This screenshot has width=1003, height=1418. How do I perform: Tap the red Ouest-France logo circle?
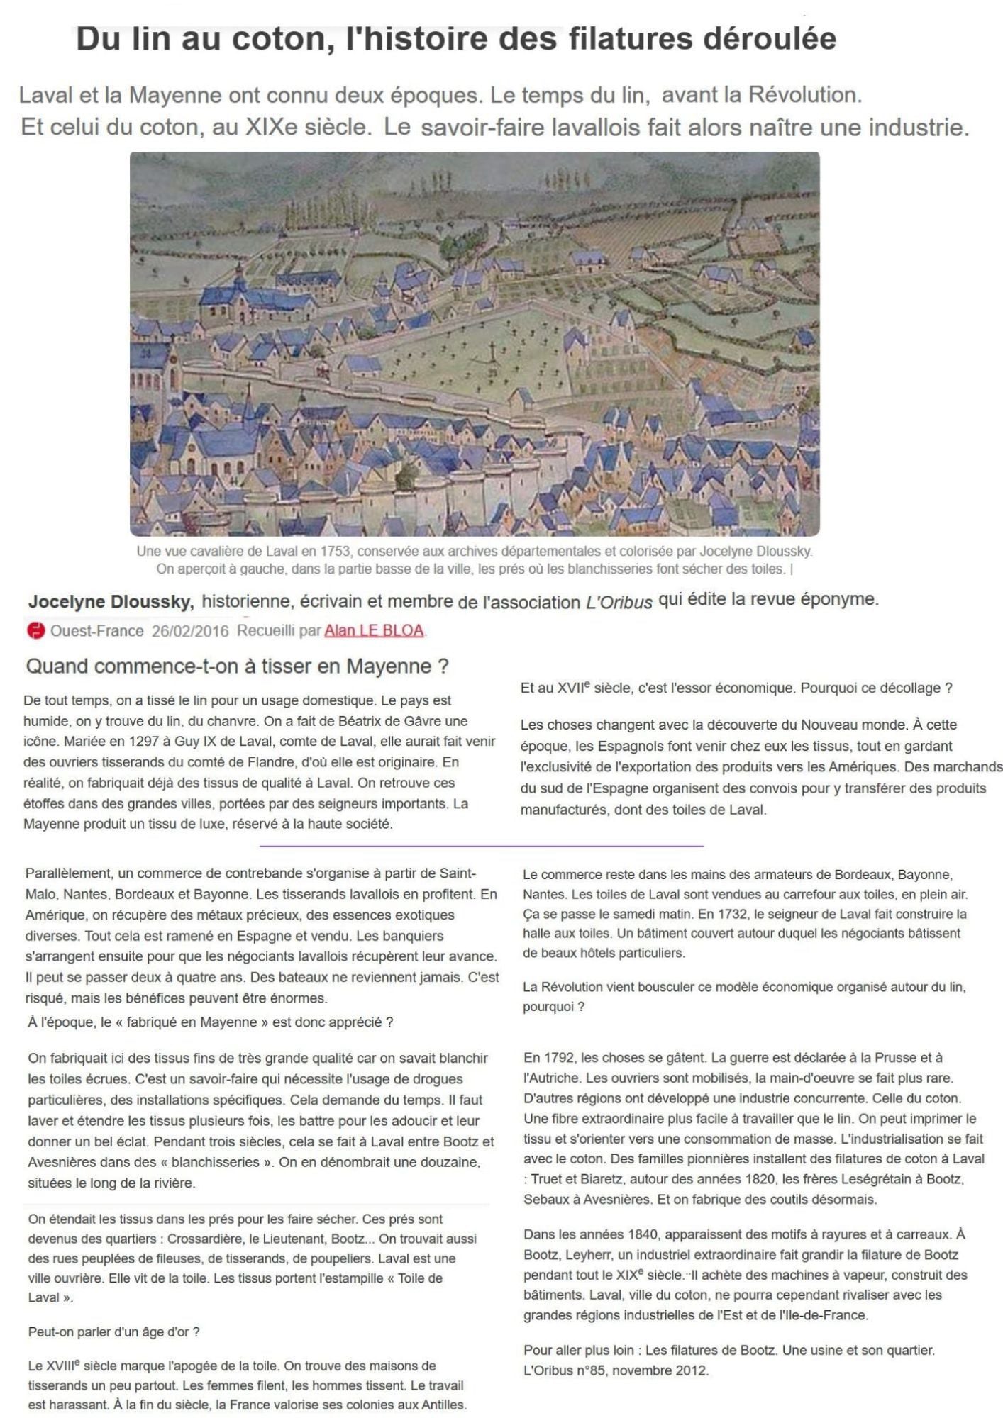tap(35, 630)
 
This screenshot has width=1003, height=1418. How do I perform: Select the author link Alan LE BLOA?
tap(374, 630)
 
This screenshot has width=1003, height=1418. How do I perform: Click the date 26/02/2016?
tap(190, 631)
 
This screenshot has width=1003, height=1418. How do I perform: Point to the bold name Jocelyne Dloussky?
tap(111, 602)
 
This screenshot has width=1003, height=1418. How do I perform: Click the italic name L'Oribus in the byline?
tap(619, 603)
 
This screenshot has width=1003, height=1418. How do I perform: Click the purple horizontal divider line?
tap(482, 846)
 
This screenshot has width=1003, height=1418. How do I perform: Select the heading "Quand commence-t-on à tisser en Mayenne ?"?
tap(238, 666)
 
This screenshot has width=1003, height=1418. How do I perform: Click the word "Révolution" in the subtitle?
tap(805, 94)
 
